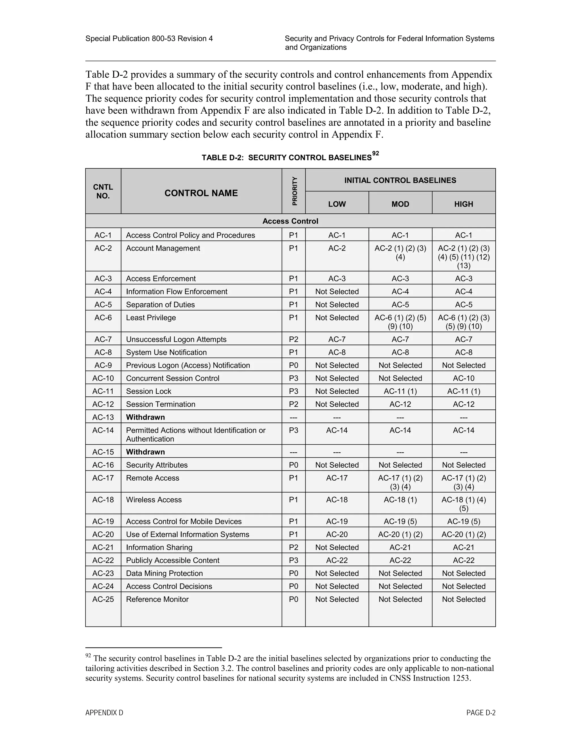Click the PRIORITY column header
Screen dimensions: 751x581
pos(294,191)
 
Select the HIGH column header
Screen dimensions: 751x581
pos(463,204)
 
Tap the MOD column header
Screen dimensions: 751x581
pos(400,204)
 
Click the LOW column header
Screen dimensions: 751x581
pos(337,204)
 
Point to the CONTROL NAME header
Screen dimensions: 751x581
pos(201,193)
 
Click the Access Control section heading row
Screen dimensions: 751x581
pos(290,221)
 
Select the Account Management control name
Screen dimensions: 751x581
pos(163,248)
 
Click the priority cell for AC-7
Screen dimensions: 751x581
pos(293,340)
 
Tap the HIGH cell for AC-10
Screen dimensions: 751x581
pos(463,378)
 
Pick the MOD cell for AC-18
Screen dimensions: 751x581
pos(400,500)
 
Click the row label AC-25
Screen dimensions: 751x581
pos(103,599)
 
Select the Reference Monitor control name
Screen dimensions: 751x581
pos(157,599)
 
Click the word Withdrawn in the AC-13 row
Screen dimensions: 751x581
pos(145,417)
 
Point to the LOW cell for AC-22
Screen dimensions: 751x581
pos(337,560)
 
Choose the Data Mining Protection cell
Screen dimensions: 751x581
pos(164,573)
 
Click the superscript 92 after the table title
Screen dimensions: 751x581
pos(376,154)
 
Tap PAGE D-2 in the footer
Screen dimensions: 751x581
pos(481,713)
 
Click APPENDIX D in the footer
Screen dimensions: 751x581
pos(104,713)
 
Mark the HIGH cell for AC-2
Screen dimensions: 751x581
pos(463,256)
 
